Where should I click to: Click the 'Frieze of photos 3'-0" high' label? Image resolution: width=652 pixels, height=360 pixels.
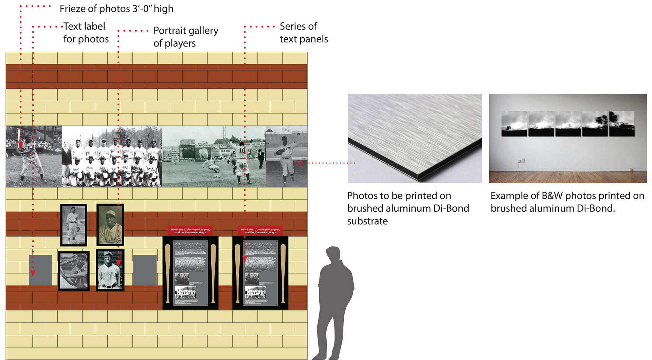point(116,8)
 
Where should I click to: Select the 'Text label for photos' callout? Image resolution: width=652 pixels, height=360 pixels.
point(86,33)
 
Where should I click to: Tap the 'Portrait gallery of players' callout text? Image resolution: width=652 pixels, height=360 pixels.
point(185,37)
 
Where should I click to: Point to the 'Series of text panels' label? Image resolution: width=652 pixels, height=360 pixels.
point(304,33)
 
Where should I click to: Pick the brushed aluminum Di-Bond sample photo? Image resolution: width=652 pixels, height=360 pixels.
point(415,138)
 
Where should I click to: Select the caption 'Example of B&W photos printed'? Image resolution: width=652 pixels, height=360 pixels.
point(567,202)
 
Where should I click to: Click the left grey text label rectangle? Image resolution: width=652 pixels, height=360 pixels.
point(40,270)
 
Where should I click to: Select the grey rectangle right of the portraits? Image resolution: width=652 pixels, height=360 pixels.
point(145,270)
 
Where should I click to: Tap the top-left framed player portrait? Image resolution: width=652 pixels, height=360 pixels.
point(74,225)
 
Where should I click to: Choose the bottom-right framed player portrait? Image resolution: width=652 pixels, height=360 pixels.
point(110,270)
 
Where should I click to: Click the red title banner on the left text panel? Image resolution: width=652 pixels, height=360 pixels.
point(190,231)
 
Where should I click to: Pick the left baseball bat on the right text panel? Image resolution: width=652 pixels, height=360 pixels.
point(237,273)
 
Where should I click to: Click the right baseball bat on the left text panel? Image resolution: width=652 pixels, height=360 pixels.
point(213,273)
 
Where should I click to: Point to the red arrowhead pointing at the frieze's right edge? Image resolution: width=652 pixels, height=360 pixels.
point(300,163)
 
